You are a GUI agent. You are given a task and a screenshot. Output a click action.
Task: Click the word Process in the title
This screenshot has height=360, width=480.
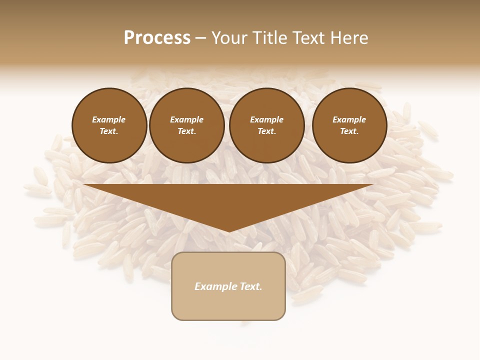(157, 38)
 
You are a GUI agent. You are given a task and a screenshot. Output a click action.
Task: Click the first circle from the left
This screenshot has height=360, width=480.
(109, 125)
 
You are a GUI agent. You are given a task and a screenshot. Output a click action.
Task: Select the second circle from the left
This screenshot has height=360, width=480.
(187, 125)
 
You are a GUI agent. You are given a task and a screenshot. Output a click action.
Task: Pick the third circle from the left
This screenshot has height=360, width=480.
(267, 125)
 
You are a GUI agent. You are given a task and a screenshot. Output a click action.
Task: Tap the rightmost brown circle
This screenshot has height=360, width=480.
(349, 125)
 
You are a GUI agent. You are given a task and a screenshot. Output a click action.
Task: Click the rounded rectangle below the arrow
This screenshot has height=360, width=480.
(228, 305)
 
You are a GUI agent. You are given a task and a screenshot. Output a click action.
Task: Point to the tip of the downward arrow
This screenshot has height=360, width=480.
(228, 231)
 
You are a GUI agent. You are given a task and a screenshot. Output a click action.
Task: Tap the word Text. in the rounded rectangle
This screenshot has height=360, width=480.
(250, 286)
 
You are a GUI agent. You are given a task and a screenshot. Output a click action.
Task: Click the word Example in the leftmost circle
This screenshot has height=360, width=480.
(109, 119)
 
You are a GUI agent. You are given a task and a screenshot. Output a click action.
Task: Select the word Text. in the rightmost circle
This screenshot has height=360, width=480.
(349, 131)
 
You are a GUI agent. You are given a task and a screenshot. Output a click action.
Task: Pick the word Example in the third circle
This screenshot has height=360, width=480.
(267, 119)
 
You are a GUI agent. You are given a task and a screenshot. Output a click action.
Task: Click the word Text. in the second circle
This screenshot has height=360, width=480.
(187, 131)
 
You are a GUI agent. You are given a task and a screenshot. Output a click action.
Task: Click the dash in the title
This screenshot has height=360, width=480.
(200, 38)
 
